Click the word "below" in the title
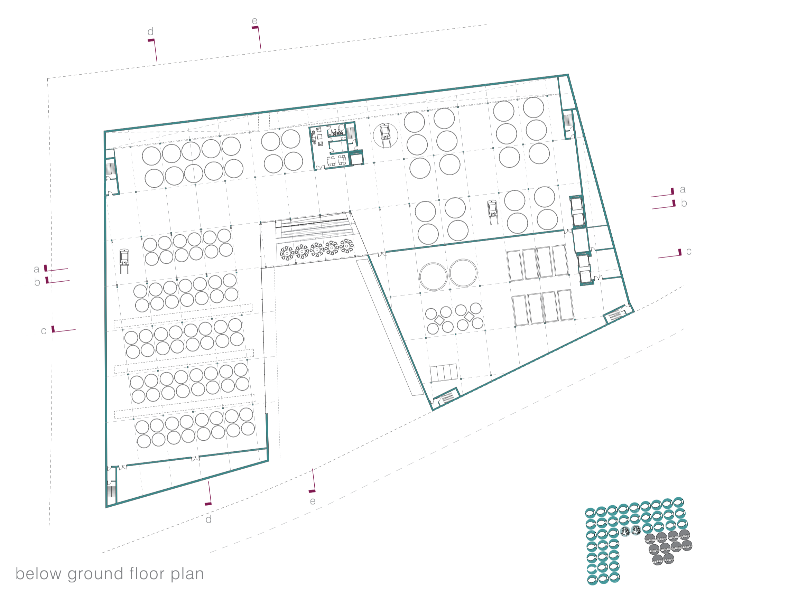pyautogui.click(x=38, y=573)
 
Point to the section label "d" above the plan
pyautogui.click(x=151, y=32)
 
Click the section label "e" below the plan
pyautogui.click(x=313, y=501)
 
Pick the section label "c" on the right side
pyautogui.click(x=688, y=252)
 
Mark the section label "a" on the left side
pyautogui.click(x=37, y=269)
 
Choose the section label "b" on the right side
pyautogui.click(x=684, y=203)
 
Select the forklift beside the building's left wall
pyautogui.click(x=124, y=261)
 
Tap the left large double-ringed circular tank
pyautogui.click(x=433, y=276)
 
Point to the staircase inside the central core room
pyautogui.click(x=351, y=133)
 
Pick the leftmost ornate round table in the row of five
pyautogui.click(x=287, y=253)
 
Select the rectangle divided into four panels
pyautogui.click(x=444, y=373)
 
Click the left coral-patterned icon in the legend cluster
pyautogui.click(x=625, y=532)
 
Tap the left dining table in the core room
pyautogui.click(x=331, y=160)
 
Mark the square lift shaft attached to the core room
pyautogui.click(x=356, y=159)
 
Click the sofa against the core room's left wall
pyautogui.click(x=314, y=136)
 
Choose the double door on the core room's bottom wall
pyautogui.click(x=320, y=167)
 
